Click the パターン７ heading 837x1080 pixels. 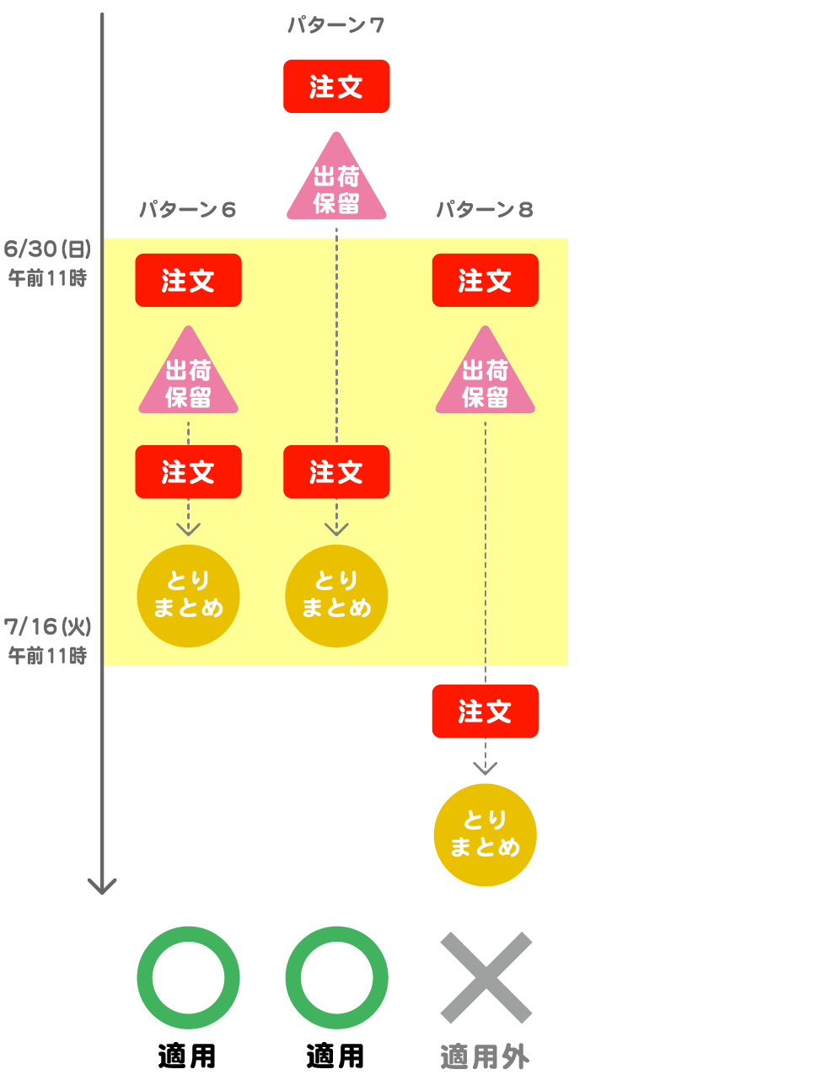click(335, 25)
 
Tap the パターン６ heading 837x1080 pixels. click(187, 209)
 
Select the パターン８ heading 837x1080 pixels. click(485, 209)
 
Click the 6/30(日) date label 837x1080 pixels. click(47, 249)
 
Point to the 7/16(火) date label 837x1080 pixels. click(47, 626)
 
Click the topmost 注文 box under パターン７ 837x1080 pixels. click(336, 86)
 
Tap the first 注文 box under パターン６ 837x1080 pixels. click(188, 280)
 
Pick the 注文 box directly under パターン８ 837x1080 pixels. click(485, 280)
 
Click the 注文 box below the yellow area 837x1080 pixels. click(485, 712)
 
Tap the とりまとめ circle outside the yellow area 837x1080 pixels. click(485, 835)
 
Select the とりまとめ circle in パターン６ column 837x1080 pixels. click(188, 595)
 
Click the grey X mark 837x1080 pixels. click(486, 978)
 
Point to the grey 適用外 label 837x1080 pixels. click(485, 1056)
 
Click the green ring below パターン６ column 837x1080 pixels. click(188, 978)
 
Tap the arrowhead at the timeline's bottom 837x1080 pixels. click(102, 886)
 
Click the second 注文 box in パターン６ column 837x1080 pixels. click(188, 472)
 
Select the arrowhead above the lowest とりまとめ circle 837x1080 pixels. click(485, 768)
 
